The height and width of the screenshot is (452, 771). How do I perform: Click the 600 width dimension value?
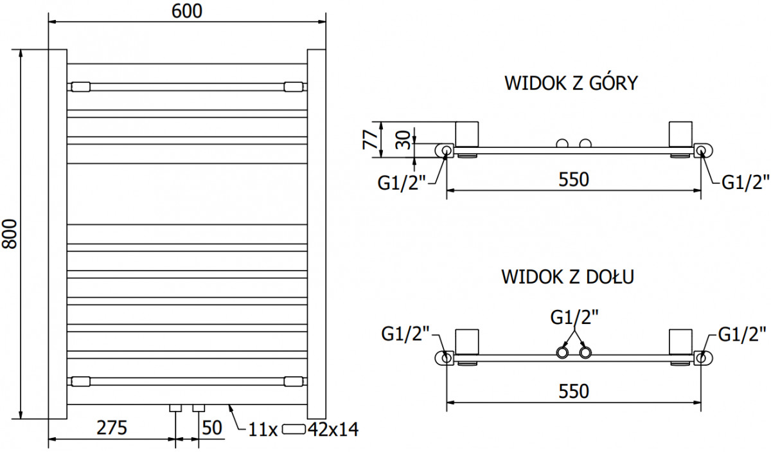pos(187,11)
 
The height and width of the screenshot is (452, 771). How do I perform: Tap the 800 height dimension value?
pos(10,234)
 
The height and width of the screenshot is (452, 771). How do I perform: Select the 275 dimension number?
pos(112,428)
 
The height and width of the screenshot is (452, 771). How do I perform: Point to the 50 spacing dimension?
pos(211,428)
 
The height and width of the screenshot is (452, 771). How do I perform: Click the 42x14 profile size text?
pos(333,429)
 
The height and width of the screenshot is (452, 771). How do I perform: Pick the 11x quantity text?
pos(263,429)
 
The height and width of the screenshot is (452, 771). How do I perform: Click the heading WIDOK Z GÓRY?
pos(571,83)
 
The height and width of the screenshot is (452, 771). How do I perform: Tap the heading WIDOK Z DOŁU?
pos(567,277)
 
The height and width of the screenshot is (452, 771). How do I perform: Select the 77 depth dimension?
pos(370,140)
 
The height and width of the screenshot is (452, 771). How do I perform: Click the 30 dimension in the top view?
pos(403,140)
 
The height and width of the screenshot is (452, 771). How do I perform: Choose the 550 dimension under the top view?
pos(574,179)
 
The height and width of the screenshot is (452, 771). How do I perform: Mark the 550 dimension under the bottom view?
pos(574,392)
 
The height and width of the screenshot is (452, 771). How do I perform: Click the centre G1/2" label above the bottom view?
pos(574,317)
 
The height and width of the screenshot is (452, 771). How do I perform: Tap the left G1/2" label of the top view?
pos(402,183)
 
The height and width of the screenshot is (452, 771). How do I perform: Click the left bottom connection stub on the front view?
pos(175,408)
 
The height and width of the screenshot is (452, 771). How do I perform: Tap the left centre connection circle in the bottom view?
pos(563,352)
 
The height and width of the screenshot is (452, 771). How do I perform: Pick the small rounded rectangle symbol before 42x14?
pos(294,429)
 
